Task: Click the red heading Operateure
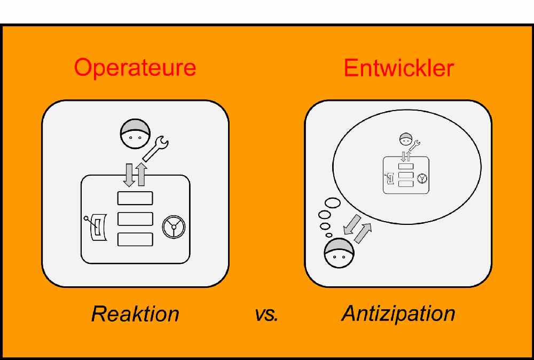(135, 68)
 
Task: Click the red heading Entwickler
(399, 68)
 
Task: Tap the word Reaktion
(135, 314)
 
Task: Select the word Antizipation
(398, 313)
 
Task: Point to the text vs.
(266, 314)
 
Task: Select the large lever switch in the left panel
(97, 228)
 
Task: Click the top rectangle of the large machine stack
(135, 198)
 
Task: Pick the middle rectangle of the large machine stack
(135, 219)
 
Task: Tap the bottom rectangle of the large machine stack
(135, 239)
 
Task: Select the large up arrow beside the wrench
(142, 174)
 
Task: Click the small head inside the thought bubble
(406, 140)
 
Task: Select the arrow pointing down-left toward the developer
(352, 224)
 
